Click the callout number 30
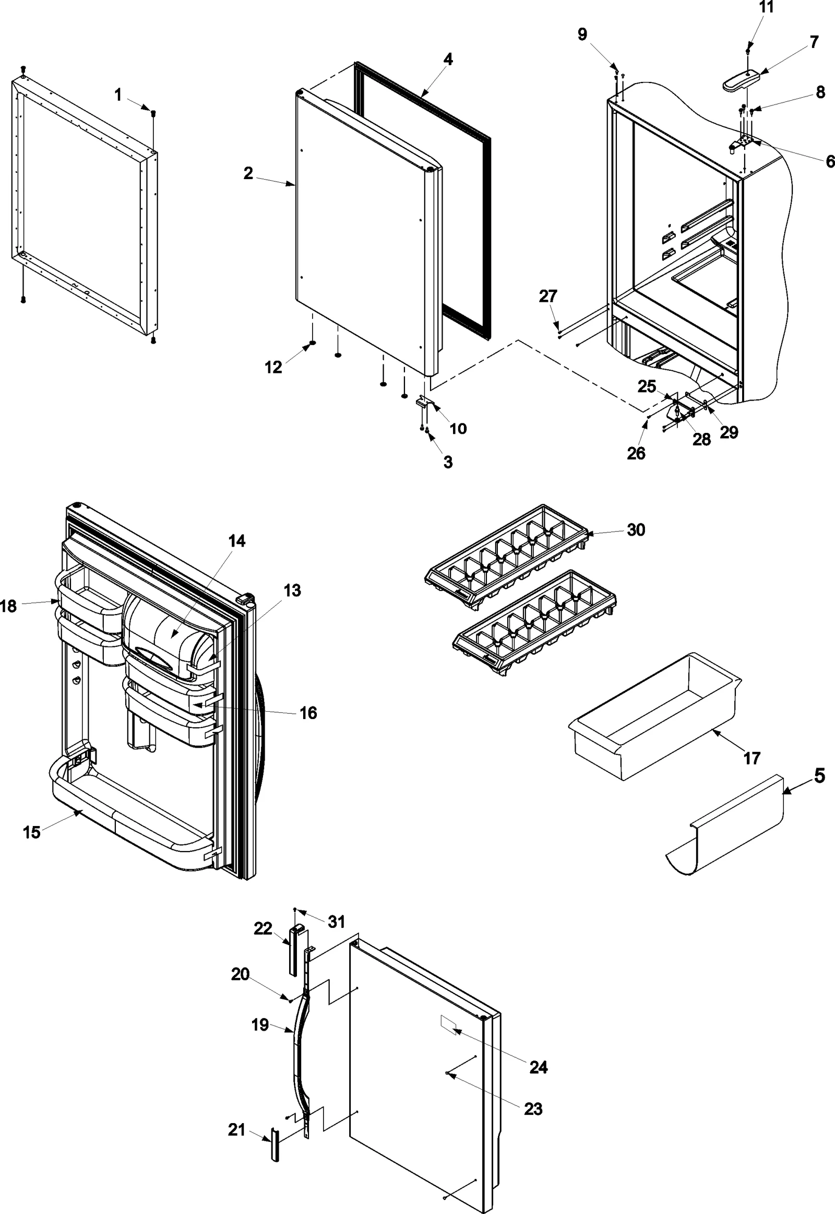[x=636, y=530]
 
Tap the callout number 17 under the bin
[x=751, y=758]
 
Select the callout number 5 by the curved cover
[x=819, y=775]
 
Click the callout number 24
[x=539, y=1066]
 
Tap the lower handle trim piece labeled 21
[x=274, y=1147]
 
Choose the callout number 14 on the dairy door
[x=236, y=540]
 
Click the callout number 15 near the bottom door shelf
[x=31, y=832]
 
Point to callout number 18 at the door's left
[x=8, y=606]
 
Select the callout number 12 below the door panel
[x=273, y=367]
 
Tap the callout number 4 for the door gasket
[x=448, y=59]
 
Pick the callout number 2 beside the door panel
[x=248, y=173]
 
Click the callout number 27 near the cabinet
[x=548, y=296]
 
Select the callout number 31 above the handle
[x=337, y=922]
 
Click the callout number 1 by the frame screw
[x=118, y=95]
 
